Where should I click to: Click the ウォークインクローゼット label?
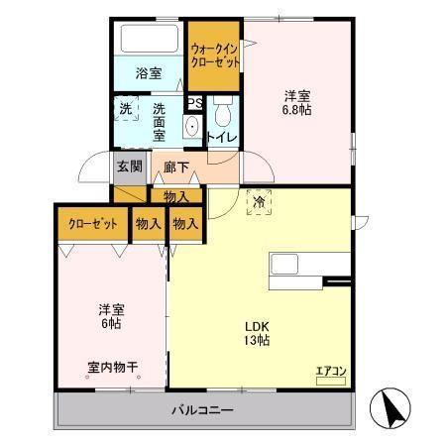point(215,54)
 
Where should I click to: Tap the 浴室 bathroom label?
point(149,72)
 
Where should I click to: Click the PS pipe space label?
point(195,102)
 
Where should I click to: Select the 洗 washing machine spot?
point(126,108)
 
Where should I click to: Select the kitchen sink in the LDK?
point(286,265)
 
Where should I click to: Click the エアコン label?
point(330,372)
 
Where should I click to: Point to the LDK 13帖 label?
point(257,333)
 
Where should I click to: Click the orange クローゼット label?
point(93,224)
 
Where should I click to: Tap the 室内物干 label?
point(110,367)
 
